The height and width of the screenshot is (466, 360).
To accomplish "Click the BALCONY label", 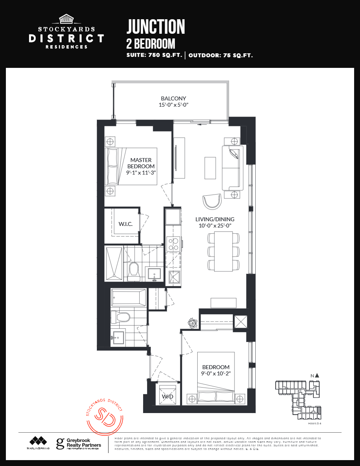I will click(173, 98).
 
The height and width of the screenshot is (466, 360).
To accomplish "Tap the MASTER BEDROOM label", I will click(141, 163).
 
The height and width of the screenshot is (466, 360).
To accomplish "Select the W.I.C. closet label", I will click(125, 224).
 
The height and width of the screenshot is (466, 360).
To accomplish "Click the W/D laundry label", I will click(167, 397).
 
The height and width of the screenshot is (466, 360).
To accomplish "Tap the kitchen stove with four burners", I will click(173, 244).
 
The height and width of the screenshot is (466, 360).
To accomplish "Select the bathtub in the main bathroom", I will click(128, 298).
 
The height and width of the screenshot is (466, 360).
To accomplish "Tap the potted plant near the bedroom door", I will click(193, 323).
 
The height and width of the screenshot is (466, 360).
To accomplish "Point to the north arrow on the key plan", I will click(317, 375).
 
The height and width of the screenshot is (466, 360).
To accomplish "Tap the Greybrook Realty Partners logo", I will click(78, 444).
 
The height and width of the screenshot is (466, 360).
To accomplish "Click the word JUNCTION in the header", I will click(155, 27).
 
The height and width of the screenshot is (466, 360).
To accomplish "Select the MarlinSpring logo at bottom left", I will click(38, 443).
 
